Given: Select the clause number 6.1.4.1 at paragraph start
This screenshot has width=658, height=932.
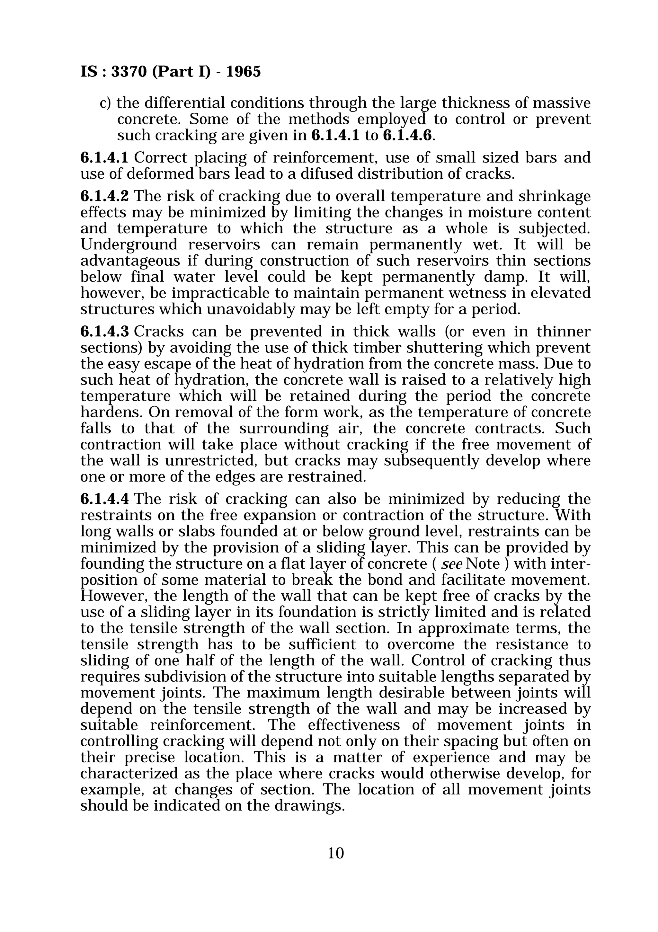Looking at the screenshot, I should point(104,157).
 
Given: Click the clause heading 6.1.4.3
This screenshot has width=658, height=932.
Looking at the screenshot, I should point(104,331).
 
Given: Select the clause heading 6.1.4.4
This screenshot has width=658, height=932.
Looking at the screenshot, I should point(104,499).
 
